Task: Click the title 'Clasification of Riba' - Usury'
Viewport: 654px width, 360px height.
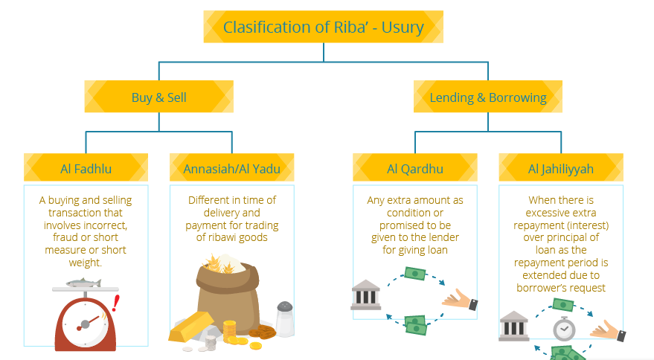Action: (x=324, y=28)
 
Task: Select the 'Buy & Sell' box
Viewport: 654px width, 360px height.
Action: (x=158, y=97)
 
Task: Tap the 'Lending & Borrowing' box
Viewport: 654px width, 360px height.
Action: (x=488, y=97)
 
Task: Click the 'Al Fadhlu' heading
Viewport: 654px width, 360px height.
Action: (x=86, y=169)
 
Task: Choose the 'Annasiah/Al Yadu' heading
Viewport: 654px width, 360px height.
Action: (x=232, y=169)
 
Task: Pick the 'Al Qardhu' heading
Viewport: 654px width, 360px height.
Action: (x=415, y=169)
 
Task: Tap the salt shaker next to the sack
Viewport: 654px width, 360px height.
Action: (x=284, y=318)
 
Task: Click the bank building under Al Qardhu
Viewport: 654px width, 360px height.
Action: (x=366, y=295)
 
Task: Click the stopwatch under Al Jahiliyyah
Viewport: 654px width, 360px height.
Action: (x=563, y=328)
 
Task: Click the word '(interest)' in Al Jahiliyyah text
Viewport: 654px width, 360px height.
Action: (x=585, y=225)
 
